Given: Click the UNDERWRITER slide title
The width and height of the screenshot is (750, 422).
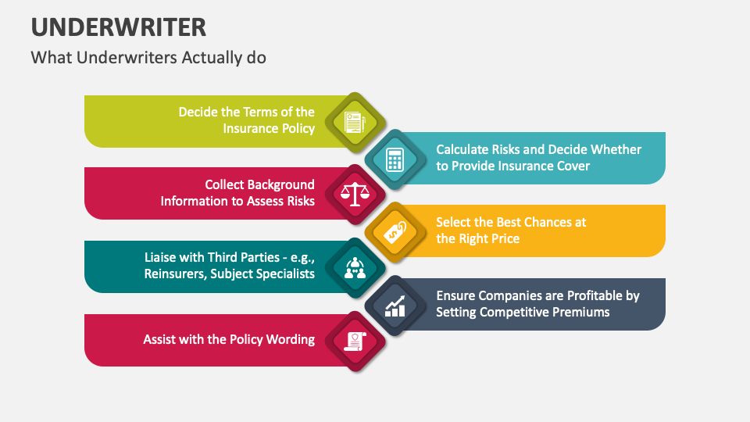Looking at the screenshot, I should [119, 27].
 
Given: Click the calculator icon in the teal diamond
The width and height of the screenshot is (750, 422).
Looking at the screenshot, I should [395, 159].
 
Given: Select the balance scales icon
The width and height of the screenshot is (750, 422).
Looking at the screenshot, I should [355, 194].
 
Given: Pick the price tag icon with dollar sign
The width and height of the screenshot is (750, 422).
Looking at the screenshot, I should [395, 231].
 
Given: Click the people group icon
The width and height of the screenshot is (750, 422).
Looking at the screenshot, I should [355, 267].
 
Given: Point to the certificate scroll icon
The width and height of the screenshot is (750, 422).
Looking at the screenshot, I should [355, 341].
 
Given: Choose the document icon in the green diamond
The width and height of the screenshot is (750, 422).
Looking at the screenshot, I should [355, 122].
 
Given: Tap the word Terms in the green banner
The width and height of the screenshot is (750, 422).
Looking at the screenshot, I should [258, 112].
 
